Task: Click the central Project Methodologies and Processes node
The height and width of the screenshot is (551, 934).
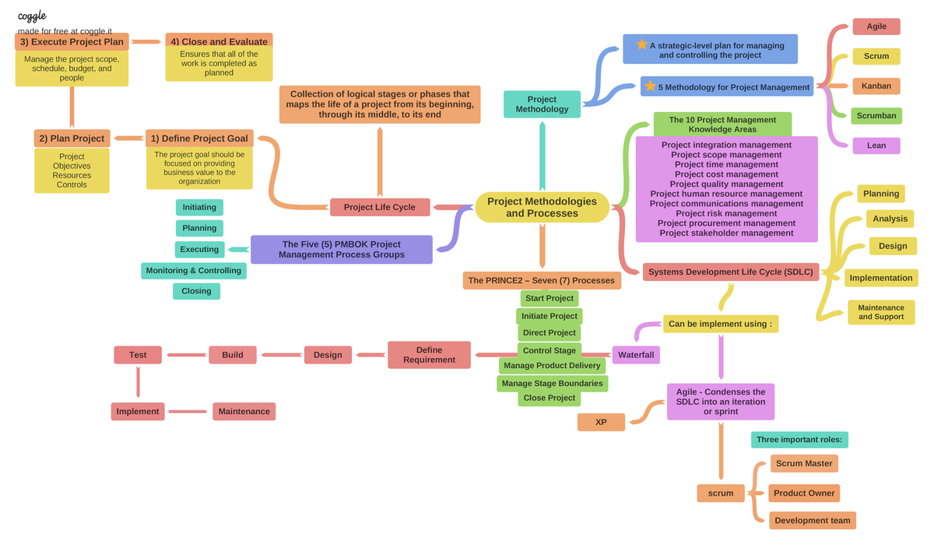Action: click(x=542, y=207)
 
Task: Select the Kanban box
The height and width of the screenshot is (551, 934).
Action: click(x=876, y=86)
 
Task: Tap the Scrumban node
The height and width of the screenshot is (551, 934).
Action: click(x=876, y=116)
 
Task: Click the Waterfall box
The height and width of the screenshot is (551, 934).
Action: click(x=636, y=355)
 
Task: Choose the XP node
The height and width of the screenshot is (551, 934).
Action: click(x=601, y=422)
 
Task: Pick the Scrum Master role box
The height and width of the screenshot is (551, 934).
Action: click(x=804, y=463)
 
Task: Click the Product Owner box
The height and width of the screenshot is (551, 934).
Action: click(x=804, y=493)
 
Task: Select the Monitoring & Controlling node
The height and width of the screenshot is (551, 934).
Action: click(x=194, y=271)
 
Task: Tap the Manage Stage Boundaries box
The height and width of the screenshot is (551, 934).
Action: click(x=552, y=383)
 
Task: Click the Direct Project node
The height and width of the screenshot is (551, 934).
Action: click(x=550, y=332)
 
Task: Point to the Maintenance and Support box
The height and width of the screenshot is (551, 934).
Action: click(x=881, y=312)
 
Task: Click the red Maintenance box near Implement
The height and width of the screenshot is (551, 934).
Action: click(x=244, y=411)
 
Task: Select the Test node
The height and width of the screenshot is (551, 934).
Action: click(x=138, y=355)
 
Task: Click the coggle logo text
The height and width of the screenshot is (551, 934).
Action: click(x=32, y=16)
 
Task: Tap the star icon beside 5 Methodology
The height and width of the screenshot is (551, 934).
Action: click(x=650, y=86)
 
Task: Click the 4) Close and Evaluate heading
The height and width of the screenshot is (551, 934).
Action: click(x=219, y=41)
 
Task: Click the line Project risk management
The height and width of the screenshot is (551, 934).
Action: click(x=726, y=213)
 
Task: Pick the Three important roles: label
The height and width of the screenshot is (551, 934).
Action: click(x=799, y=440)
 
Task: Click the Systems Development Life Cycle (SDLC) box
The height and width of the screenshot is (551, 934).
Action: click(x=730, y=272)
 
